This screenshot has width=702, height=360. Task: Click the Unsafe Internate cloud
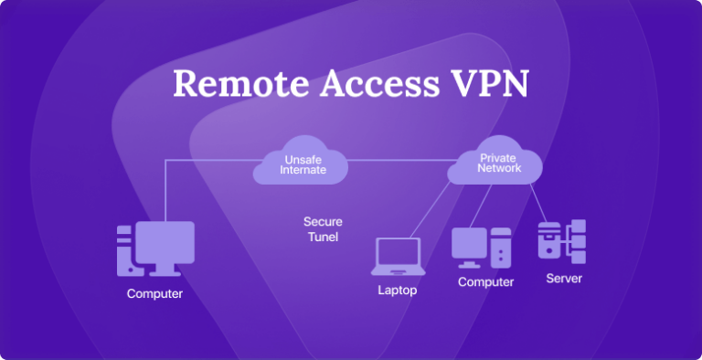[x=302, y=164]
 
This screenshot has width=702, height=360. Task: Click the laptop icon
[x=397, y=257]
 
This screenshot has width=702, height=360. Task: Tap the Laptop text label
[x=398, y=291]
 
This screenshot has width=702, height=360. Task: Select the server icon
[x=561, y=242]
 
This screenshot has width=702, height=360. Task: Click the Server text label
[x=564, y=279]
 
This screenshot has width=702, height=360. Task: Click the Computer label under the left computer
[x=154, y=294]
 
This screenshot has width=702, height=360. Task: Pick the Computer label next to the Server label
[x=485, y=282]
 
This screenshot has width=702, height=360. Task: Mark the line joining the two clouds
[x=398, y=161]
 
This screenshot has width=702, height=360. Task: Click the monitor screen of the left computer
[x=165, y=240]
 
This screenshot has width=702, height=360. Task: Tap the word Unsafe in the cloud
[x=302, y=159]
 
